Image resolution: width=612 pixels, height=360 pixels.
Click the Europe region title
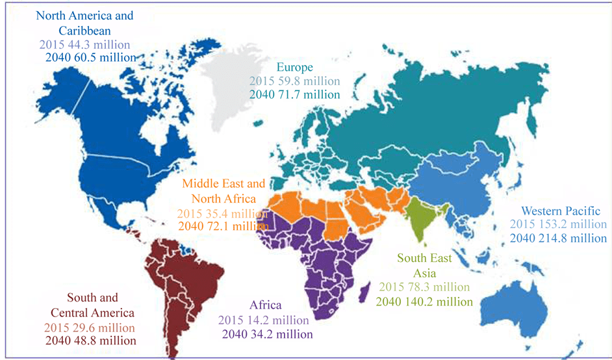(x=294, y=68)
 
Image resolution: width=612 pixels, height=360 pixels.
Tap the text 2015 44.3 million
(x=84, y=45)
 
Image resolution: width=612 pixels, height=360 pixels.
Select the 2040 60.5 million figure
(x=90, y=57)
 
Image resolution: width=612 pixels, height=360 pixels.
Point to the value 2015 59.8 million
(x=294, y=81)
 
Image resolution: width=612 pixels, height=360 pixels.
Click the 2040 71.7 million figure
(x=294, y=94)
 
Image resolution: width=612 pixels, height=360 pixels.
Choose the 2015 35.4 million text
(x=222, y=213)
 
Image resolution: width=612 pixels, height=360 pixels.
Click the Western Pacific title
(x=565, y=211)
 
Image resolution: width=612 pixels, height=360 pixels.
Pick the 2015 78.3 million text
(x=424, y=287)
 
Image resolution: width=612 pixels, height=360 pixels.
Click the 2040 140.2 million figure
(x=424, y=302)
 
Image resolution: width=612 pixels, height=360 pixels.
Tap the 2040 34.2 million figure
(x=267, y=334)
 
